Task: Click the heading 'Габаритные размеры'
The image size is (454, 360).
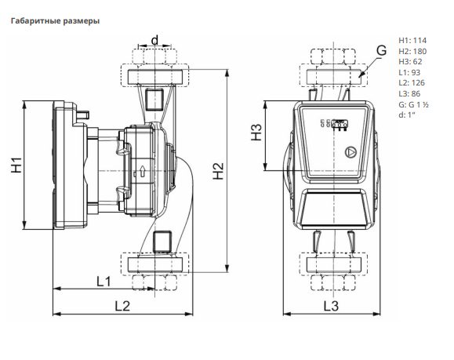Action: pyautogui.click(x=55, y=21)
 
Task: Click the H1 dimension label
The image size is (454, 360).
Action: pyautogui.click(x=16, y=165)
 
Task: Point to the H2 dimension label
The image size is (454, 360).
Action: pyautogui.click(x=218, y=171)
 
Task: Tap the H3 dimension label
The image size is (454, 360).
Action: pyautogui.click(x=256, y=132)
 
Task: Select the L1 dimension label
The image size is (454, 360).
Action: pyautogui.click(x=104, y=281)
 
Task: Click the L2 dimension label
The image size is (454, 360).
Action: pyautogui.click(x=122, y=306)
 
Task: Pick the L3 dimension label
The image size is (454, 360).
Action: pyautogui.click(x=331, y=306)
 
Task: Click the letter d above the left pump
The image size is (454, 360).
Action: pyautogui.click(x=155, y=40)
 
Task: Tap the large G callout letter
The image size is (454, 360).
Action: pyautogui.click(x=382, y=50)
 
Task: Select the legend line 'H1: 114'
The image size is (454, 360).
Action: pyautogui.click(x=412, y=40)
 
